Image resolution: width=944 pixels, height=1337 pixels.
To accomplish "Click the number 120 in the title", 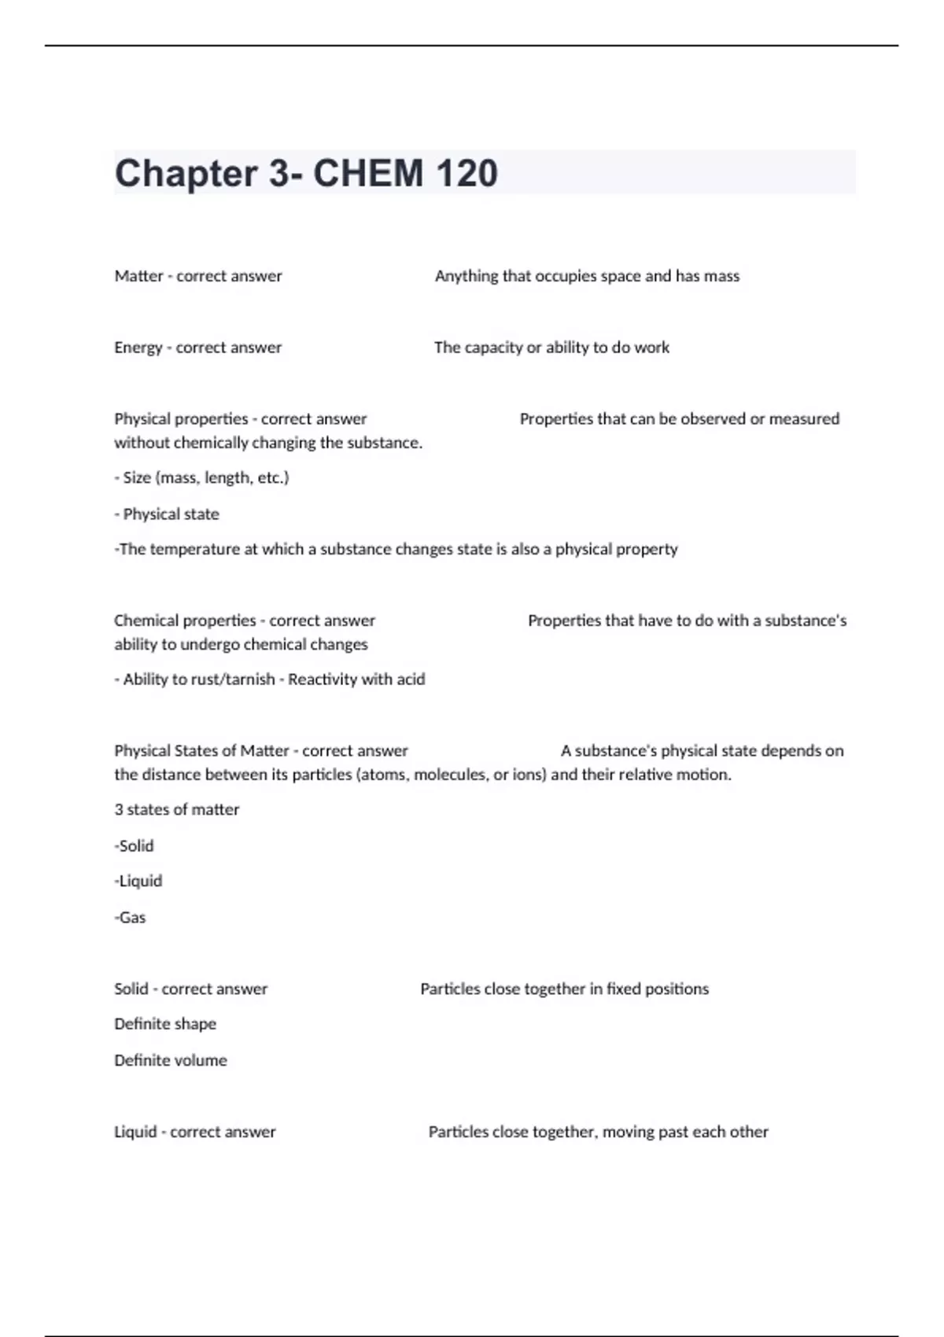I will (466, 173).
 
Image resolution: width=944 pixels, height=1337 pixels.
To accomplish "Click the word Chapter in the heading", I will (186, 173).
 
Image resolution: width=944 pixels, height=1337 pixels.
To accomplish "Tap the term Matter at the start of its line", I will (138, 276).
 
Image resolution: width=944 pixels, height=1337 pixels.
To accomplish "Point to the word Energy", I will (138, 348).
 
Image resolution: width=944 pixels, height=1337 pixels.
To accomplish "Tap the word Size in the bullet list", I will (137, 477).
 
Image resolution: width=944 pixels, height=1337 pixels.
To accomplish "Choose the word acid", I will (411, 680).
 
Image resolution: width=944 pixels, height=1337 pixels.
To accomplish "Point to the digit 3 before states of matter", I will (119, 809).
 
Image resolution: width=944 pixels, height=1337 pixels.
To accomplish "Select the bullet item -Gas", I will (131, 917).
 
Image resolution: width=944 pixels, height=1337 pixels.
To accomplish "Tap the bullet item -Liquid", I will (138, 881).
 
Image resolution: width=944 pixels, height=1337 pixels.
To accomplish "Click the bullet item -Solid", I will (135, 845).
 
